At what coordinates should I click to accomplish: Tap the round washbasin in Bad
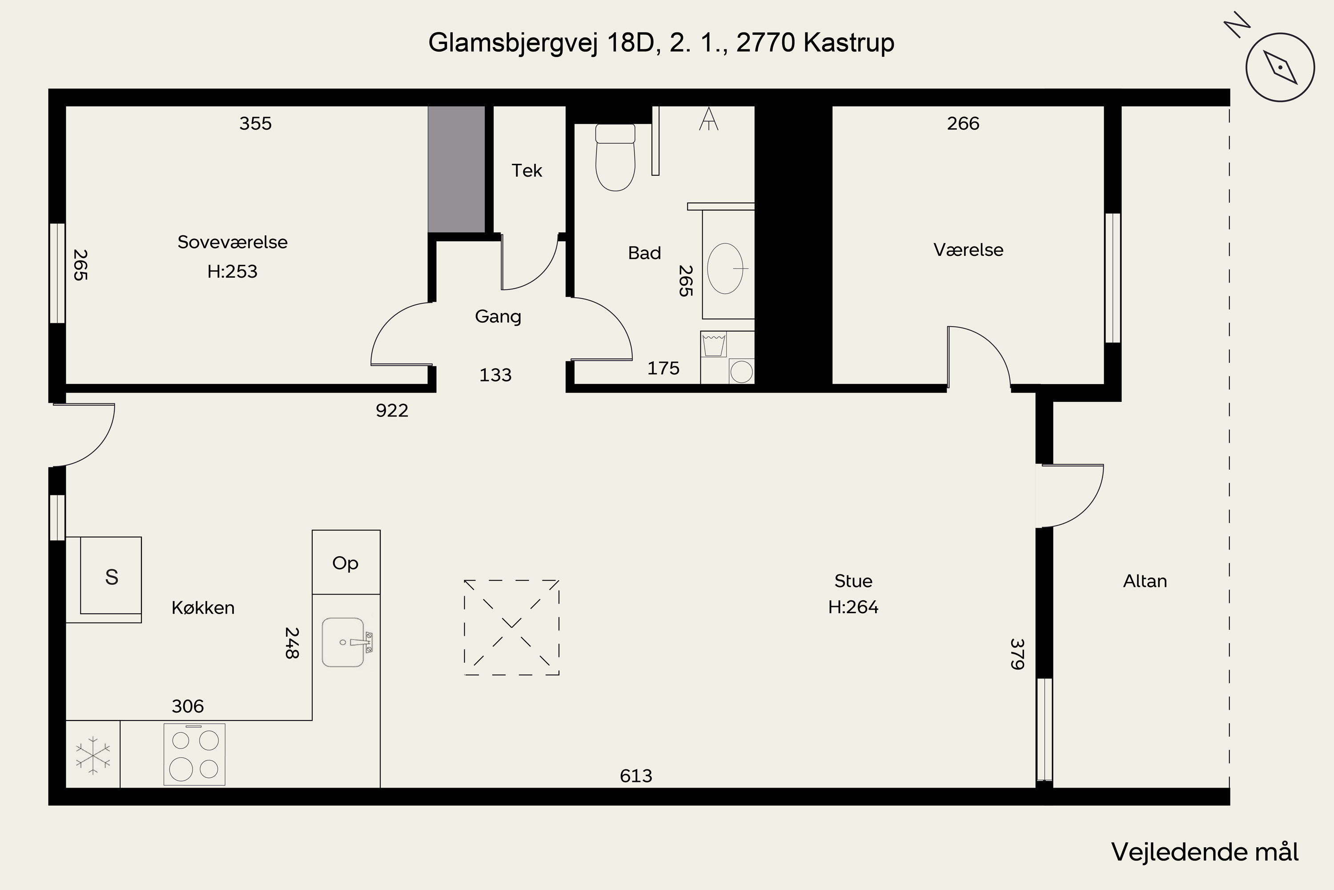pyautogui.click(x=725, y=268)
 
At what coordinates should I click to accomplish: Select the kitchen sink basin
pyautogui.click(x=342, y=642)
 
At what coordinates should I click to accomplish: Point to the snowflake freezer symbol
pyautogui.click(x=93, y=756)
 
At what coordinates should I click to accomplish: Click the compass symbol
pyautogui.click(x=1280, y=68)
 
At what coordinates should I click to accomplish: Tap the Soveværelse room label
pyautogui.click(x=233, y=243)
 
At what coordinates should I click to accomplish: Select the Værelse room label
pyautogui.click(x=968, y=250)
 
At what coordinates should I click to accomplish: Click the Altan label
pyautogui.click(x=1145, y=581)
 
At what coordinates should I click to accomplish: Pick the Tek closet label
pyautogui.click(x=527, y=170)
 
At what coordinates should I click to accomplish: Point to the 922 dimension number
pyautogui.click(x=392, y=410)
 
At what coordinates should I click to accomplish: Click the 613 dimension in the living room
pyautogui.click(x=636, y=776)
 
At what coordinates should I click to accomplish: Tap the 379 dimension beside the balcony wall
pyautogui.click(x=1017, y=654)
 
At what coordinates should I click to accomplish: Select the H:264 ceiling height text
pyautogui.click(x=853, y=607)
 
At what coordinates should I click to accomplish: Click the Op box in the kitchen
pyautogui.click(x=346, y=563)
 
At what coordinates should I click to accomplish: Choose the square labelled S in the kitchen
pyautogui.click(x=111, y=577)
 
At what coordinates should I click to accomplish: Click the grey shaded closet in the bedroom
pyautogui.click(x=456, y=169)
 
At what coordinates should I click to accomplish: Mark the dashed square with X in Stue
pyautogui.click(x=512, y=627)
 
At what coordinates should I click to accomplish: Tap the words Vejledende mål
pyautogui.click(x=1205, y=852)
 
